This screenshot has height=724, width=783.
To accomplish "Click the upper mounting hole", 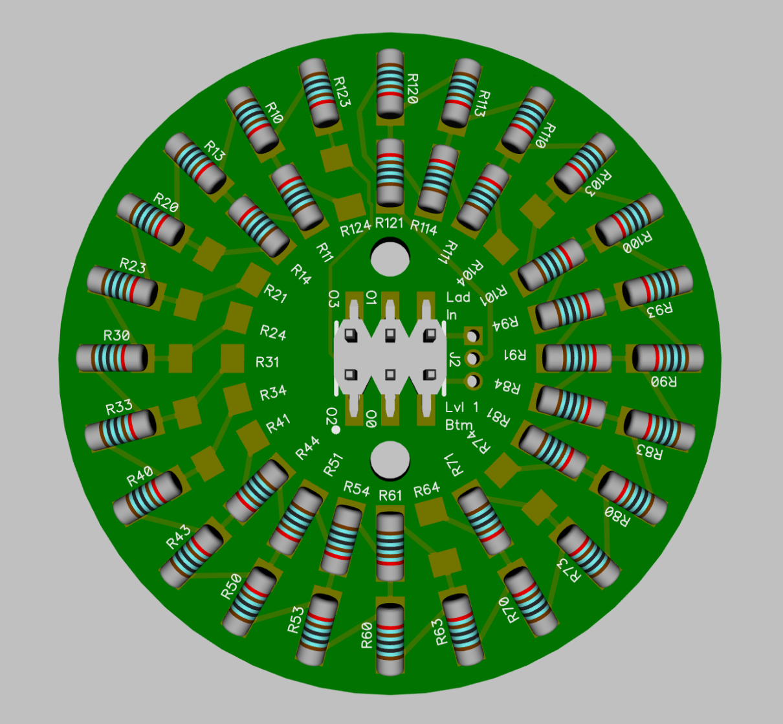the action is [x=390, y=258].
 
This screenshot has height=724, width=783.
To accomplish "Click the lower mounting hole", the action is [x=390, y=460].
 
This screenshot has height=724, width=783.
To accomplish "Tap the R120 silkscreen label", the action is [x=412, y=89].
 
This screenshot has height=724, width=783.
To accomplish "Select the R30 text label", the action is [x=116, y=336].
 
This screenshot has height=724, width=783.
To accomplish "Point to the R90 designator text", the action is [x=663, y=381].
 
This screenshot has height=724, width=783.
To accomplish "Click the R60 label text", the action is [x=367, y=635].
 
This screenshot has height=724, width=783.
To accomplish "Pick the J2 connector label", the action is [x=454, y=359].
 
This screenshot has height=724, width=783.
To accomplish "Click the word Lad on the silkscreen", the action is [x=458, y=297].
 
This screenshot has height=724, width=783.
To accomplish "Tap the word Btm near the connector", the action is [x=459, y=424].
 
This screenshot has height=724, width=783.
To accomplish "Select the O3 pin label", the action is [x=333, y=298].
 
